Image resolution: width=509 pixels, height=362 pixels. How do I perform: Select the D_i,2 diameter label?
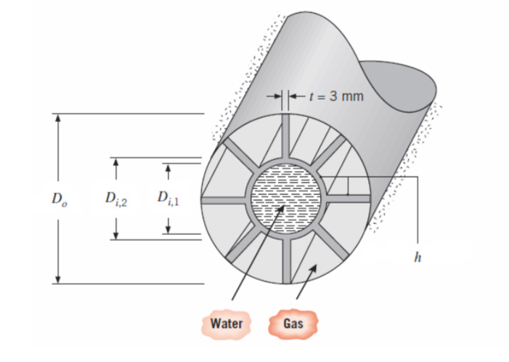[116, 198]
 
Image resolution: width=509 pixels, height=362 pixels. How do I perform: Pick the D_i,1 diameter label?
[168, 198]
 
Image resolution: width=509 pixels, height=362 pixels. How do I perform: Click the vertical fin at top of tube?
[285, 138]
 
